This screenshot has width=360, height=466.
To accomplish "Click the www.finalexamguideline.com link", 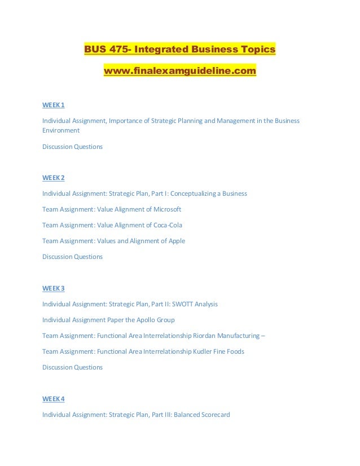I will pos(179,72).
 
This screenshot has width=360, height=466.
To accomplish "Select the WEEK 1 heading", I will pos(54,105).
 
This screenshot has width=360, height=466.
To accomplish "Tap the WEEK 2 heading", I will pos(54,178).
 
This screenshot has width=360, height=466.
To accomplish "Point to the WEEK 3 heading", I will pos(54,288).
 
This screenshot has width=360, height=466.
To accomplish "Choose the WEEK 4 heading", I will pos(54,399).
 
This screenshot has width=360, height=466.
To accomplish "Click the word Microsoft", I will pos(166,209).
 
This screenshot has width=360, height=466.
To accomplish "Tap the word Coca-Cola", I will pos(168,225).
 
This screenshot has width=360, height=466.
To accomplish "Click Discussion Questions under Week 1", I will pos(72,147).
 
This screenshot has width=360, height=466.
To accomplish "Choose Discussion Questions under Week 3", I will pos(72,367).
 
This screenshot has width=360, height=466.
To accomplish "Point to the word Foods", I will pos(235,351).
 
